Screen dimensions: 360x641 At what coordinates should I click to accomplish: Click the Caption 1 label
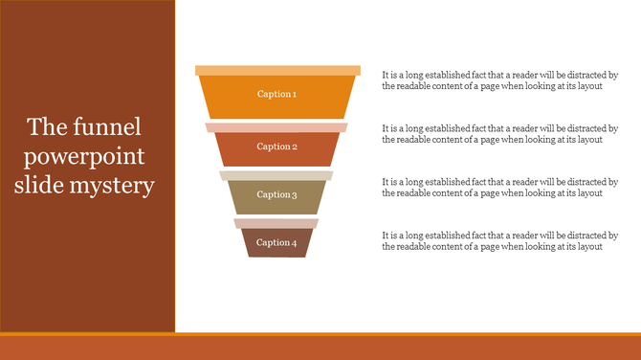(x=277, y=94)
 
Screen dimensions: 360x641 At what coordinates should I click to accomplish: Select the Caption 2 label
(x=277, y=146)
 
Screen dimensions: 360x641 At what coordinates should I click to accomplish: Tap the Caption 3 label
(x=277, y=194)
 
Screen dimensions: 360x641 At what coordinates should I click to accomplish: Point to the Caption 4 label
(x=277, y=242)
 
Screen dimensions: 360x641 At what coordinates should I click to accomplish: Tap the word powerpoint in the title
(x=85, y=156)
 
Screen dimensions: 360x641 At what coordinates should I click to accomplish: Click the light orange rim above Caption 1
(x=277, y=70)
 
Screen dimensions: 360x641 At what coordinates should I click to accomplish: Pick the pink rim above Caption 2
(x=276, y=127)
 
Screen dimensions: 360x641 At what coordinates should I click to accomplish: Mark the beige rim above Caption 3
(x=276, y=175)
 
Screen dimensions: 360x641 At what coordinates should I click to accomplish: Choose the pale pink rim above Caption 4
(x=276, y=223)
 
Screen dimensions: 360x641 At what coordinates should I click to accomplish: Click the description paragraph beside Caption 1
(x=499, y=79)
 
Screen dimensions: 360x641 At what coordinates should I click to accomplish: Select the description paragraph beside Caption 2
(x=499, y=133)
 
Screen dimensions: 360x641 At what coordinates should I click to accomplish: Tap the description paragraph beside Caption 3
(x=499, y=187)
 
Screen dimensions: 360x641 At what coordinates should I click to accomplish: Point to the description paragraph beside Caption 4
(x=499, y=240)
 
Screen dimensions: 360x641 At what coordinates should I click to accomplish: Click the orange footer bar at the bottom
(x=320, y=347)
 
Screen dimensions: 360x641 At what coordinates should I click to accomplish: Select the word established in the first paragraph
(x=438, y=74)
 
